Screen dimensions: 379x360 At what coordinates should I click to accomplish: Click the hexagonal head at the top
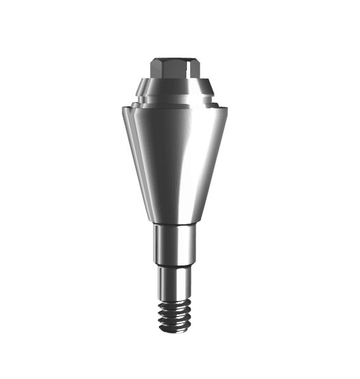pos(175,68)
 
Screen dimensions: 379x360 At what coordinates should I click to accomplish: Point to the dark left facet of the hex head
pos(157,70)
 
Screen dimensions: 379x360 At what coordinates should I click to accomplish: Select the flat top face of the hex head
pos(174,61)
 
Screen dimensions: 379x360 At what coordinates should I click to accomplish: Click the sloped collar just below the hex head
pos(175,85)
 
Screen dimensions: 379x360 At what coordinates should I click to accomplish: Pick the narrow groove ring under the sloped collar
pos(175,98)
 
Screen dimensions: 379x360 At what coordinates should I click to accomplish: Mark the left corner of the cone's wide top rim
pos(121,108)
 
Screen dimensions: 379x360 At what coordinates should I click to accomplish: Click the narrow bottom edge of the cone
pos(175,224)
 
